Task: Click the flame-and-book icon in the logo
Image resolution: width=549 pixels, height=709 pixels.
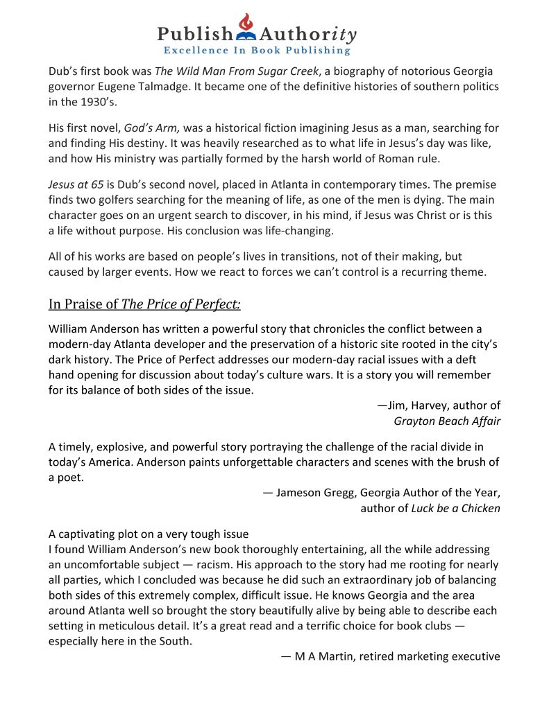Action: click(246, 28)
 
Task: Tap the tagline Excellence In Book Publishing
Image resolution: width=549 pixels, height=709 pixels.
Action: click(257, 51)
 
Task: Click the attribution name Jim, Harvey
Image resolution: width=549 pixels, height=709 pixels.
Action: click(424, 405)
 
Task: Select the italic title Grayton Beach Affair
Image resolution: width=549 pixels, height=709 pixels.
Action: click(447, 420)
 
